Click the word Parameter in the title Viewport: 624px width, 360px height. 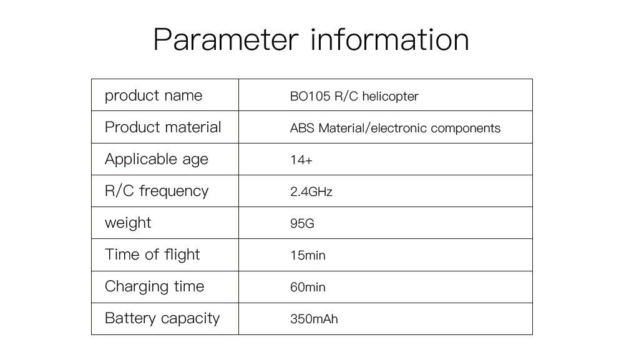coord(226,39)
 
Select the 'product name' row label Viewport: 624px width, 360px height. coord(154,96)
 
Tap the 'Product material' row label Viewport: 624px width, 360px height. coord(163,127)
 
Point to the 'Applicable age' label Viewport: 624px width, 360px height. coord(157,160)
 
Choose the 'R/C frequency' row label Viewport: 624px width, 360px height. coord(157,191)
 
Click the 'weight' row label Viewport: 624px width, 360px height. coord(128,223)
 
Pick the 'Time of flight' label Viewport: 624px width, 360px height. coord(152,255)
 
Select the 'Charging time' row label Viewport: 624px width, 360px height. coord(154,287)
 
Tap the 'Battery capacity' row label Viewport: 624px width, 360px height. coord(162,319)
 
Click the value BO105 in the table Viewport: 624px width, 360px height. coord(310,96)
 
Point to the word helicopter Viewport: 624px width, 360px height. coord(391,97)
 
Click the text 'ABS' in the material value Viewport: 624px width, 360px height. coord(302,129)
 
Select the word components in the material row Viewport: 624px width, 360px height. coord(466,129)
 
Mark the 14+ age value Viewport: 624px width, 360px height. coord(301,160)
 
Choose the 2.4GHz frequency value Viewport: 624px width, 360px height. coord(311,192)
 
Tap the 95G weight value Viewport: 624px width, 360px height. coord(302,223)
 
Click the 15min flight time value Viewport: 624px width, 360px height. coord(308,255)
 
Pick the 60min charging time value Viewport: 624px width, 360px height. coord(308,287)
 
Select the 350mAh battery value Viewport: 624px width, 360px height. coord(314,319)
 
